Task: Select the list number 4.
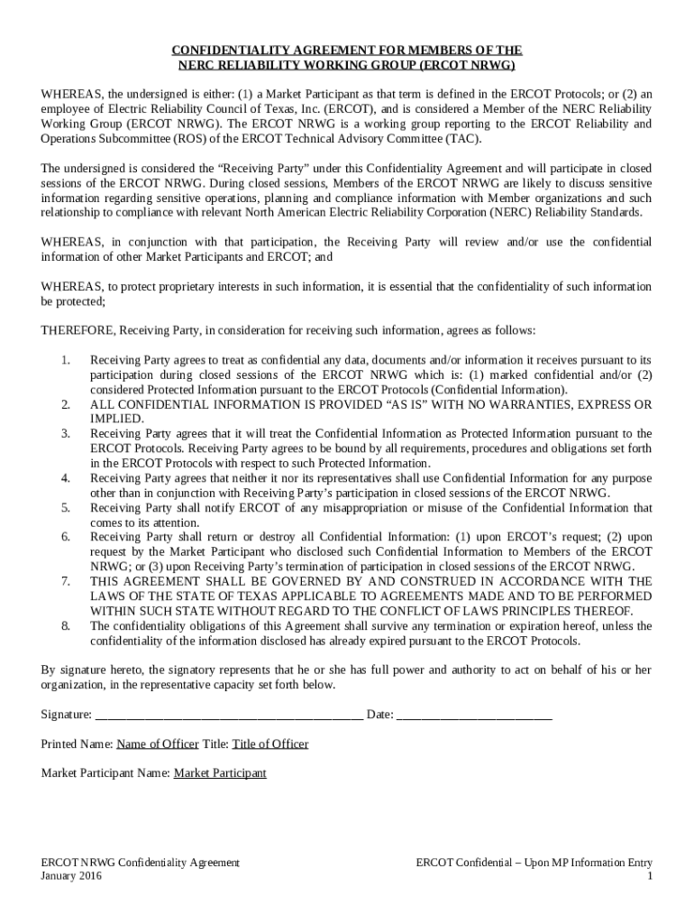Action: pos(65,478)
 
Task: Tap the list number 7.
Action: pos(65,582)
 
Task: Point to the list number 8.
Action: pos(65,626)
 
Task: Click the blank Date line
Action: pos(474,715)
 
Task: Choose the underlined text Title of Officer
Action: pos(270,744)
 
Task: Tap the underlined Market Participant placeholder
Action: pos(220,773)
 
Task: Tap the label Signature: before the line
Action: pos(67,715)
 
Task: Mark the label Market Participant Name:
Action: pos(105,773)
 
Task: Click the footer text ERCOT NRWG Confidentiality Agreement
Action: pos(141,863)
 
